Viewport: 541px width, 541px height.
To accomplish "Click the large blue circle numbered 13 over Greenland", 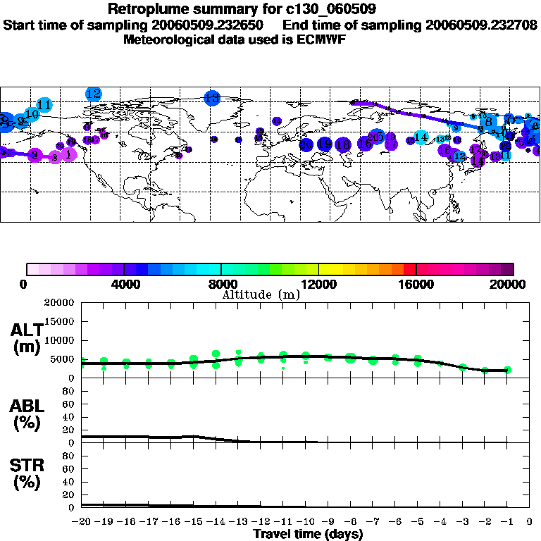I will point(212,99).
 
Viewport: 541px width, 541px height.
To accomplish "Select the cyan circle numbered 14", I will point(421,137).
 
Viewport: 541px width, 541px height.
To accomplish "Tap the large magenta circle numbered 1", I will point(68,154).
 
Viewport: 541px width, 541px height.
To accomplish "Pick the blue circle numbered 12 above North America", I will point(94,94).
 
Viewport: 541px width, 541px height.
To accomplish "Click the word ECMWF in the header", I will point(321,39).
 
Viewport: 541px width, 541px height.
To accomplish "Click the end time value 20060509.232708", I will point(481,25).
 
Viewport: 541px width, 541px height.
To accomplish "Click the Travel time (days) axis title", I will point(308,534).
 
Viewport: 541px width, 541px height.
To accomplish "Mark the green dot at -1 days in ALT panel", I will point(507,370).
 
